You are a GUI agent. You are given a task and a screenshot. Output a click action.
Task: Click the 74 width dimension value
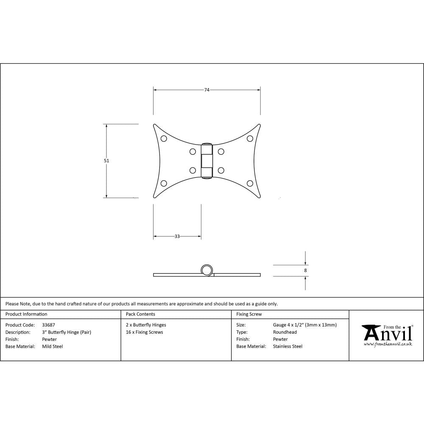coord(207,90)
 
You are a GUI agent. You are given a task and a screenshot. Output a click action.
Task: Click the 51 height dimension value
coord(106,161)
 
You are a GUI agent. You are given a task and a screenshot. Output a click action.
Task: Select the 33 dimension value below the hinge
coord(177,236)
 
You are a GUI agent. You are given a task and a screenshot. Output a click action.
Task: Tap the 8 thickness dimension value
coord(306,270)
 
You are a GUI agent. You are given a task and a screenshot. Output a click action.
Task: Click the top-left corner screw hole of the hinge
coord(163,138)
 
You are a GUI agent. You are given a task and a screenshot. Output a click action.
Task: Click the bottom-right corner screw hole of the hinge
coord(250,183)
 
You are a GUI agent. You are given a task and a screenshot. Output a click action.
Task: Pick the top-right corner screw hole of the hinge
coord(250,138)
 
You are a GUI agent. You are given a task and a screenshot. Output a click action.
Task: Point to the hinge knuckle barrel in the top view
coord(206,161)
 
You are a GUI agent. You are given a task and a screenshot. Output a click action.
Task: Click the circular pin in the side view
coord(206,270)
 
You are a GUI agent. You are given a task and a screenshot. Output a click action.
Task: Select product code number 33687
coord(49,325)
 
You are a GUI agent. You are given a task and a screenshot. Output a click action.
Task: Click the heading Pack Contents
coord(140,314)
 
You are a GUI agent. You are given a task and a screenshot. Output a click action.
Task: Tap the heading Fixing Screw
coord(248,314)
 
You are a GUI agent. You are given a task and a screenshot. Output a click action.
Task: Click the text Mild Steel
coord(53,346)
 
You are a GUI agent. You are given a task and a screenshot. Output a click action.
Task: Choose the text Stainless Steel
coord(287,346)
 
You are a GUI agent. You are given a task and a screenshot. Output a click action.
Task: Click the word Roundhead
coord(285,332)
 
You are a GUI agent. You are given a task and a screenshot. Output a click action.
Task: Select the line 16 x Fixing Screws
coord(144,332)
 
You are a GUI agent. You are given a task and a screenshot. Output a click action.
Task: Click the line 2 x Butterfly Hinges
coord(146,325)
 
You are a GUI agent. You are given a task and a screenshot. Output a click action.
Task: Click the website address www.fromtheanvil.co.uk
coord(388,344)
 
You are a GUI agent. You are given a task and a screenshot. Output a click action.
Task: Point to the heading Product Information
coord(26,314)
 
